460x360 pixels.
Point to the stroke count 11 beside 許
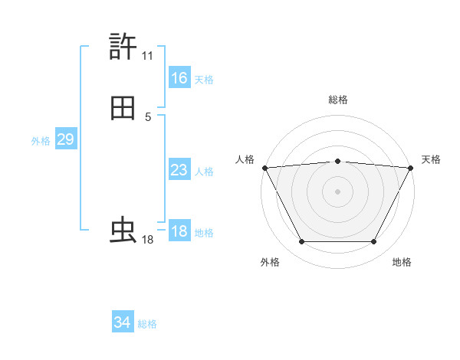[x=147, y=56]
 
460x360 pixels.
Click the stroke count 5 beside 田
[x=148, y=117]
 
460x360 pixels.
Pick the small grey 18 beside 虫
[x=147, y=240]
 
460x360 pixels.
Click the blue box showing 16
[x=179, y=78]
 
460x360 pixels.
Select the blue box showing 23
[x=179, y=170]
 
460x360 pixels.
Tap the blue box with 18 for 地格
[x=179, y=231]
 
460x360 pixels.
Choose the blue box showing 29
[x=65, y=139]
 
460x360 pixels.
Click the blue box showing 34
[x=122, y=322]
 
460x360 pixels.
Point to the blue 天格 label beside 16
[x=204, y=80]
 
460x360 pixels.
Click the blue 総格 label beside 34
[x=147, y=324]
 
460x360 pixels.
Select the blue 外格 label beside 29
[x=41, y=141]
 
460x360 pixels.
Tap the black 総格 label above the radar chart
[x=337, y=100]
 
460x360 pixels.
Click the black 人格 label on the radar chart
[x=245, y=159]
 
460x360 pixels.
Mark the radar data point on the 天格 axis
[x=411, y=168]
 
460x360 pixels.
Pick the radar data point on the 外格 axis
[x=301, y=242]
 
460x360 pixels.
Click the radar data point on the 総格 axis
[x=337, y=161]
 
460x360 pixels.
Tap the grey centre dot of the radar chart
[x=337, y=191]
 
